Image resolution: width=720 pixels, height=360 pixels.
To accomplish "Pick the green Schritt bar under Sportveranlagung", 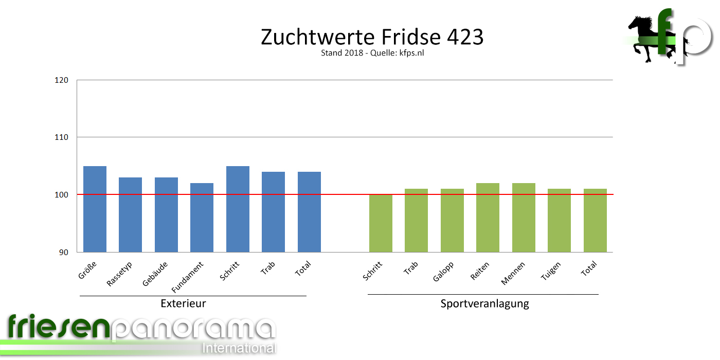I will point(381,223).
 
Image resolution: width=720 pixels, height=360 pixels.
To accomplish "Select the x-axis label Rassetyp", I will point(120,274).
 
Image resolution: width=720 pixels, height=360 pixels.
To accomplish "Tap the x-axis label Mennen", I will point(513,274).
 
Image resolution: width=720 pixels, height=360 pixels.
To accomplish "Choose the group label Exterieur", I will point(183,303).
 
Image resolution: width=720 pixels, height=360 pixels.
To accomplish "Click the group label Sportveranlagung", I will point(484,303).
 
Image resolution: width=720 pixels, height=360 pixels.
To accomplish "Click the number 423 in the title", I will point(465,37).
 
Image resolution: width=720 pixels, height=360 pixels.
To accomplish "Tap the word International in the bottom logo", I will point(239,348).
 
